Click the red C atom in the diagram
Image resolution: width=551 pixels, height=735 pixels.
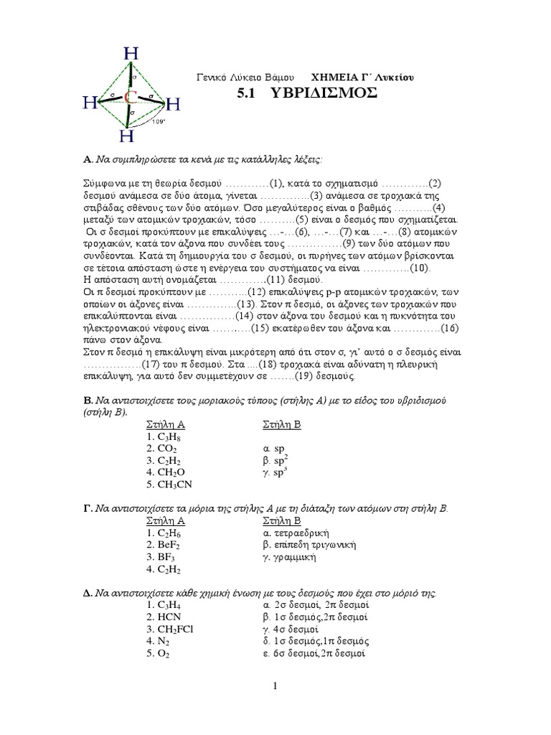pos(130,96)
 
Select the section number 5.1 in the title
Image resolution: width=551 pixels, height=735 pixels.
pos(248,94)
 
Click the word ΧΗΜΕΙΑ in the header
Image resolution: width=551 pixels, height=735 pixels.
pos(334,76)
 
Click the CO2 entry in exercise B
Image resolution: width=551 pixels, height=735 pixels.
pos(158,447)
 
